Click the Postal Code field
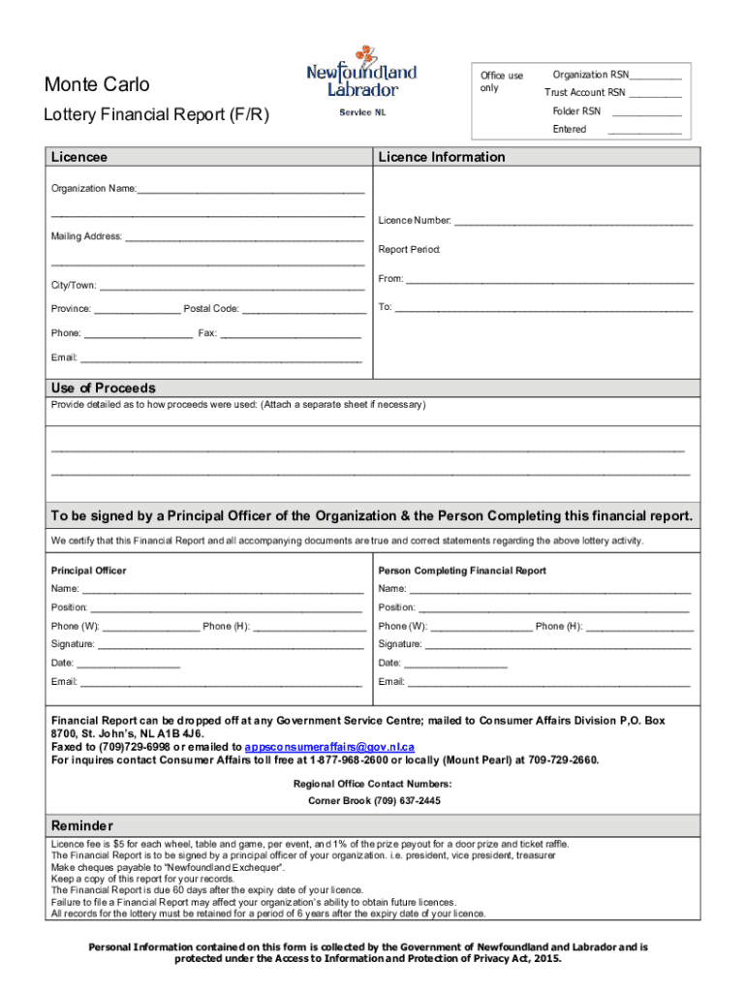click(x=302, y=310)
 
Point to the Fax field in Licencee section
click(x=291, y=334)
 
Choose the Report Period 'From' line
click(x=549, y=280)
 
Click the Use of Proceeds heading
click(x=103, y=387)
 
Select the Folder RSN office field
click(x=645, y=112)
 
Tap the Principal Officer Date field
click(x=128, y=665)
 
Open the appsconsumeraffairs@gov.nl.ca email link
click(x=329, y=747)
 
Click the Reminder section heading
click(x=82, y=825)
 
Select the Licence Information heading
click(x=442, y=157)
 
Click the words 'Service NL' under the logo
click(x=361, y=113)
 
